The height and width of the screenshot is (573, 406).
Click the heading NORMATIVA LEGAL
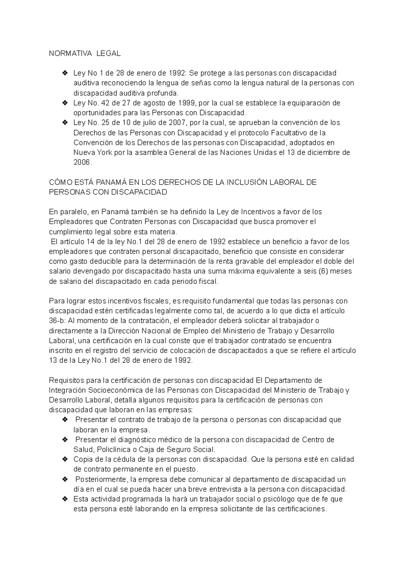coord(85,53)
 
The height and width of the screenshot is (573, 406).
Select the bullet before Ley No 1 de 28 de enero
coord(65,73)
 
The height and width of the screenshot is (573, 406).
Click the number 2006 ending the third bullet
coord(82,162)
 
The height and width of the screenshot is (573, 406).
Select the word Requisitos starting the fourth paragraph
coord(65,380)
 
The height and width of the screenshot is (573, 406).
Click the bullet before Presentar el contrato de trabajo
coord(65,420)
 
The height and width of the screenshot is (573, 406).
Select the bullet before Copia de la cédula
coord(65,459)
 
